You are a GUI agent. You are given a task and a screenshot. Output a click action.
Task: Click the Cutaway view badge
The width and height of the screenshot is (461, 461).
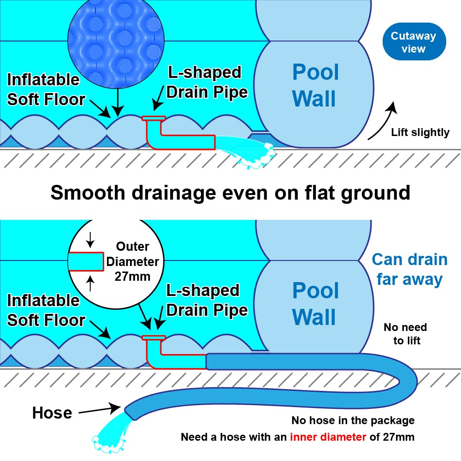(x=414, y=42)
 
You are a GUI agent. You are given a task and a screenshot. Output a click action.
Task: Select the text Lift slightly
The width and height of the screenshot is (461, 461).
(x=420, y=133)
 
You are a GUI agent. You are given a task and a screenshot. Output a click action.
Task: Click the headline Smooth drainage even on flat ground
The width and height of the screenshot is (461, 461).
(x=230, y=192)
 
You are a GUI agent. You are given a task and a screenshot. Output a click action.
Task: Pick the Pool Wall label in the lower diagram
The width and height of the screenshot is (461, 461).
(x=315, y=304)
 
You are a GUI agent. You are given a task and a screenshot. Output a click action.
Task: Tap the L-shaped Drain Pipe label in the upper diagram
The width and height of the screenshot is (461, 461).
(x=207, y=82)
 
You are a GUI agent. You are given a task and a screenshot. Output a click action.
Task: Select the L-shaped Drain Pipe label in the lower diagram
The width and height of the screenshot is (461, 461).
(x=207, y=300)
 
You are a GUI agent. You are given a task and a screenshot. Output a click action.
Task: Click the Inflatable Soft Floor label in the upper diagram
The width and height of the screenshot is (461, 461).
(x=45, y=89)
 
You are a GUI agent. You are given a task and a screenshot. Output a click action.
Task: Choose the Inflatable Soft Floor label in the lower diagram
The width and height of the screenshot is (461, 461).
(x=45, y=310)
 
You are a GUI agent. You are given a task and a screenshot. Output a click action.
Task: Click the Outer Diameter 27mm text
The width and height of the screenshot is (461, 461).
(x=132, y=262)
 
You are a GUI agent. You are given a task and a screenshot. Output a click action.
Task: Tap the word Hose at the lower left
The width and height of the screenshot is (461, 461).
(x=52, y=413)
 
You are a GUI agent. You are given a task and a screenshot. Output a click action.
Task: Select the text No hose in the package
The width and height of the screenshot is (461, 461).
(x=353, y=420)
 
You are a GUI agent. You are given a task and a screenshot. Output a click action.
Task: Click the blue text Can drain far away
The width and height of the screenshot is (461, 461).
(x=409, y=269)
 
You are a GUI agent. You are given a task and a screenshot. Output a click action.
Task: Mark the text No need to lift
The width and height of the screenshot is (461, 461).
(x=405, y=334)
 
